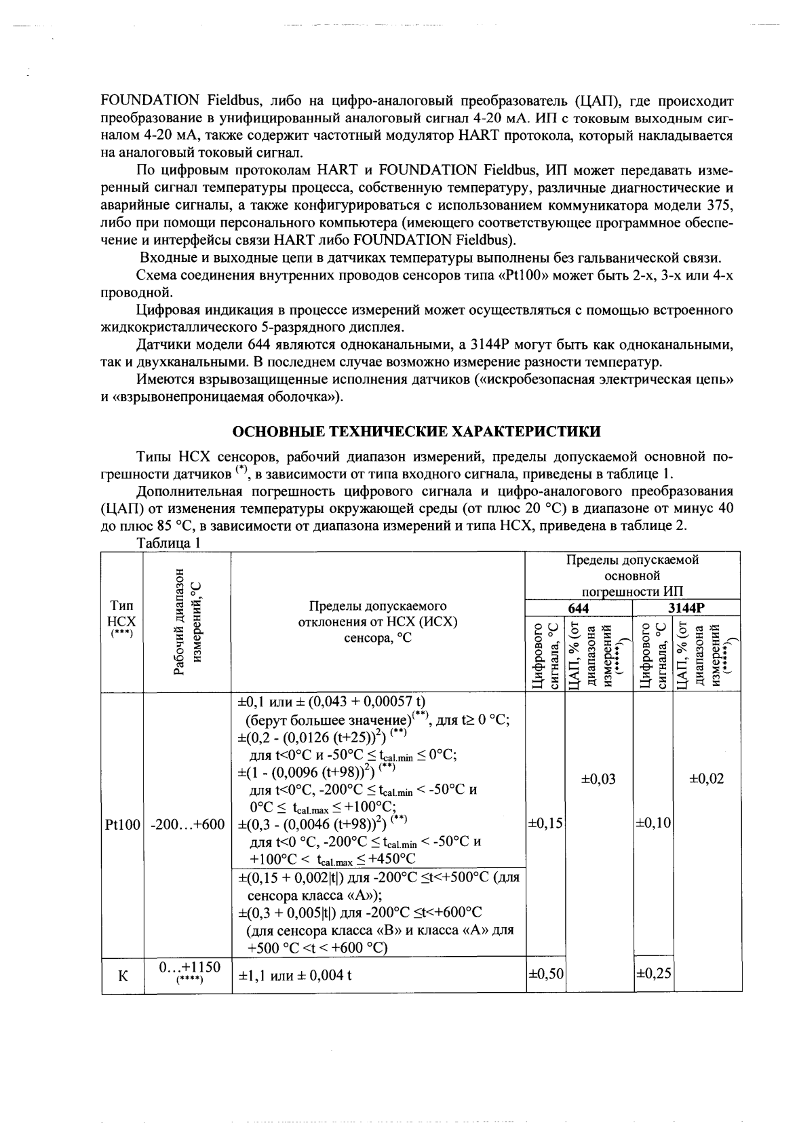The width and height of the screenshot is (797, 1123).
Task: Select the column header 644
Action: [x=579, y=609]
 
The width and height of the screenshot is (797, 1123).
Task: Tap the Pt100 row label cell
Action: [x=122, y=824]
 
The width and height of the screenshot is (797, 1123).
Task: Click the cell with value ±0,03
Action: [x=598, y=778]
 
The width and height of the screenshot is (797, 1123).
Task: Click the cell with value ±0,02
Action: [x=706, y=778]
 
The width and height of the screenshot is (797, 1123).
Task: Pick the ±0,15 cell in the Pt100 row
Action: [x=545, y=823]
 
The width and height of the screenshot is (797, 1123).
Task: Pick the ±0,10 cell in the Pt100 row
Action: [x=653, y=823]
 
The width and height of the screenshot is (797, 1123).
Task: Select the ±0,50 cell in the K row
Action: [x=545, y=974]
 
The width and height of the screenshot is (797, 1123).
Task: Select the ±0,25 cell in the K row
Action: [x=653, y=974]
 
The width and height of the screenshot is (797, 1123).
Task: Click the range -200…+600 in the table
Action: [x=187, y=824]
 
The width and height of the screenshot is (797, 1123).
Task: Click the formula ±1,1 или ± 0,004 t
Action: [x=295, y=976]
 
